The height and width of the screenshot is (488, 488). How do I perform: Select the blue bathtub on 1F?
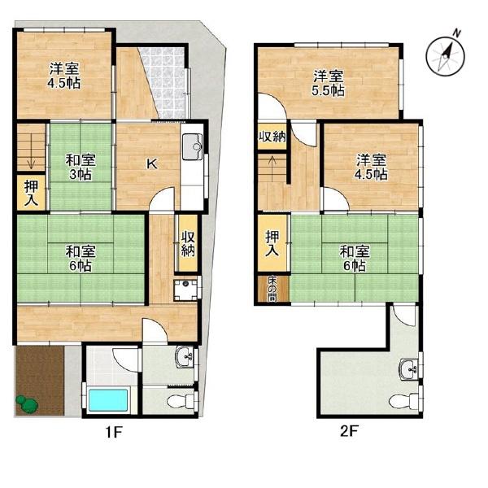(x=108, y=399)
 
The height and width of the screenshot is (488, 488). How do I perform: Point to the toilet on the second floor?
(x=403, y=400)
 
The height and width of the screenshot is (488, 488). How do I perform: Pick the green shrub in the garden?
(x=28, y=404)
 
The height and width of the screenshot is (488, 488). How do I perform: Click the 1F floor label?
(x=114, y=432)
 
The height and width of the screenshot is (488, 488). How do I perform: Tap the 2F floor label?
(x=350, y=431)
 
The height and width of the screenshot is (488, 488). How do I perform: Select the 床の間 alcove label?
(x=272, y=289)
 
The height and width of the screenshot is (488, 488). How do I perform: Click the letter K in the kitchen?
(x=152, y=163)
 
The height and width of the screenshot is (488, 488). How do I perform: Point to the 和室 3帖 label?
(x=81, y=167)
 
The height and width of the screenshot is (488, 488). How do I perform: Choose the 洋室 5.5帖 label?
(x=328, y=83)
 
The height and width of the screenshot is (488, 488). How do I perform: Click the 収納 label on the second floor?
(x=272, y=137)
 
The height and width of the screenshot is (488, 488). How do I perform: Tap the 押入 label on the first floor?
(x=32, y=193)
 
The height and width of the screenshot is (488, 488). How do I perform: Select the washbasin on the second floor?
(x=410, y=369)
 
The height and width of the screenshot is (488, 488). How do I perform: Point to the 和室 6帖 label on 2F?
(x=354, y=259)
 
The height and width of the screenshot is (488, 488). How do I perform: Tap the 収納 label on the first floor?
(x=188, y=244)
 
